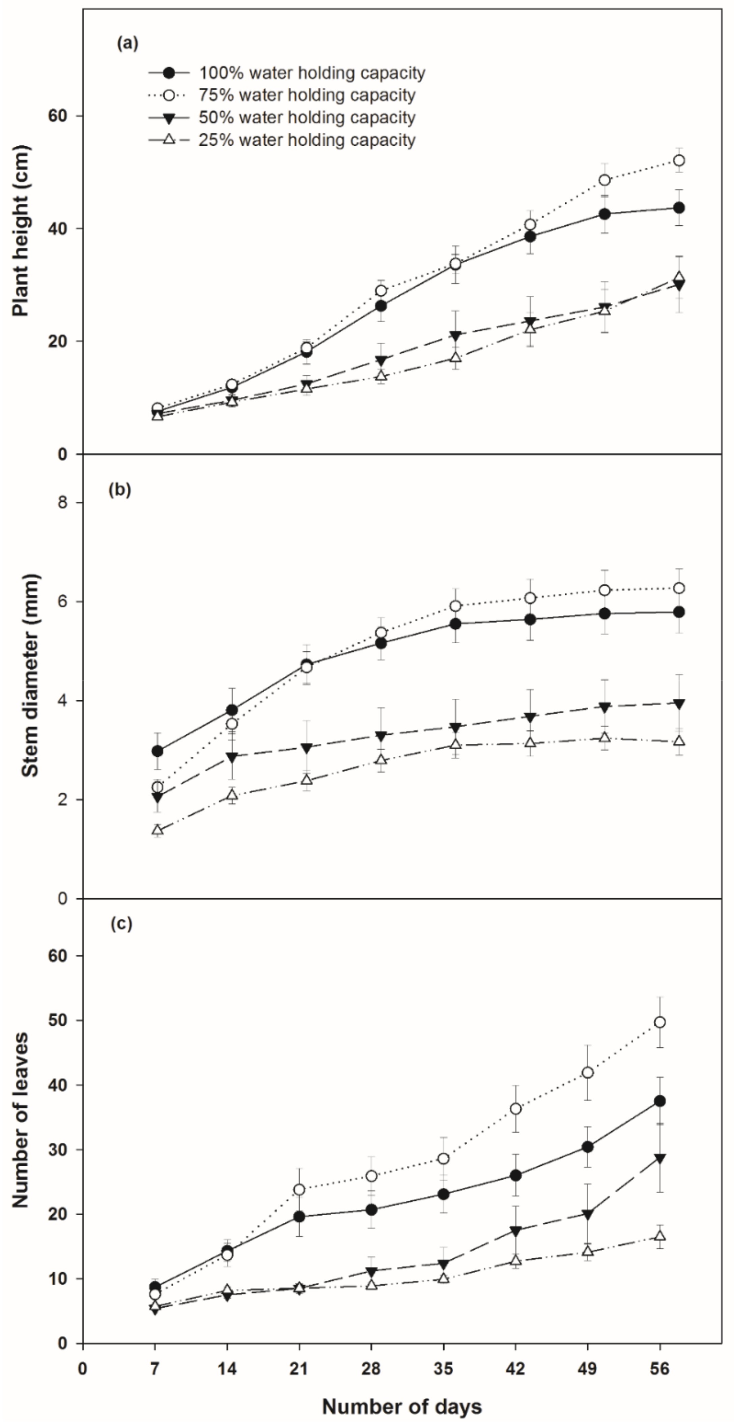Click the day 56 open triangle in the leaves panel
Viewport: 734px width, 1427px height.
coord(660,1235)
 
